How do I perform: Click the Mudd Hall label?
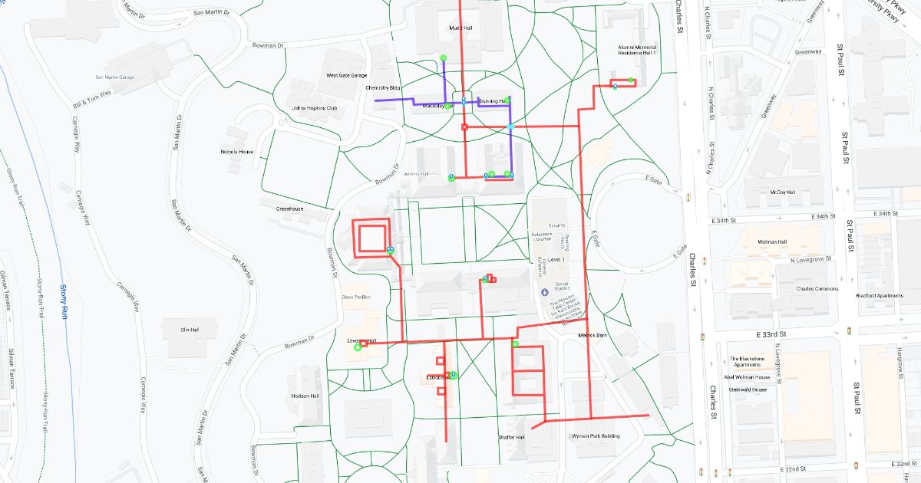coord(460,28)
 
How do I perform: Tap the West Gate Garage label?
coord(347,76)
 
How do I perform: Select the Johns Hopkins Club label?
coord(315,108)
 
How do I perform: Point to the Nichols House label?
coord(236,152)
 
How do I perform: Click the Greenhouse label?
coord(291,209)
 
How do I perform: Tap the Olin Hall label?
coord(189,330)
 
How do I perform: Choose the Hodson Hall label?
coord(305,396)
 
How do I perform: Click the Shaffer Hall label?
coord(510,437)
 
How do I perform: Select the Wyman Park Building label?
coord(596,436)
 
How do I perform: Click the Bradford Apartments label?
coord(880,296)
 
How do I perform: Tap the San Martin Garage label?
coord(114,77)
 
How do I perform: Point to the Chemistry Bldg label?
coord(383,88)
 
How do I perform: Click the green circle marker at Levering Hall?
coord(357,348)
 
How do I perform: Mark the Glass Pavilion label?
coord(356,297)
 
